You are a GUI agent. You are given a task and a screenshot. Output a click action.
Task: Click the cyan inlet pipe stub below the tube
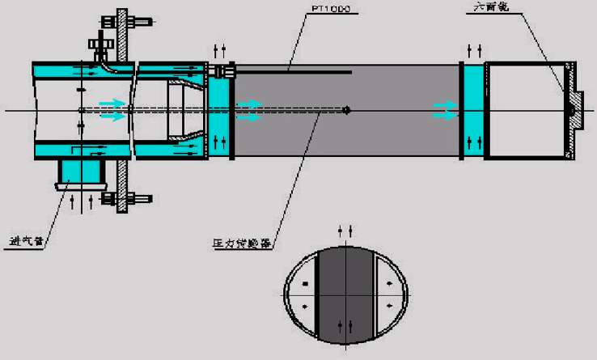point(82,172)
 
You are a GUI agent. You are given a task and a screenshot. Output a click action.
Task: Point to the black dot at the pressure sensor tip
point(347,110)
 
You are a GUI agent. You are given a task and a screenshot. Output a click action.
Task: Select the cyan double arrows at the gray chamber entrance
point(249,110)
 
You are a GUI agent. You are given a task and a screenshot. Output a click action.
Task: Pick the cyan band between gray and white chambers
point(472,110)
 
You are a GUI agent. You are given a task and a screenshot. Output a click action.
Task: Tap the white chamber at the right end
point(523,110)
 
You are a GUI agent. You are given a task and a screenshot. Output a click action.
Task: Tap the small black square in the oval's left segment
point(304,284)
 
